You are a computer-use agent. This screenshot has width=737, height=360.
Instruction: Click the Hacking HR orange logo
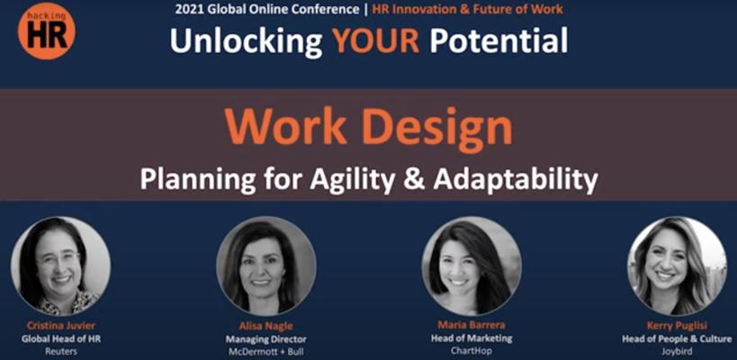(x=46, y=31)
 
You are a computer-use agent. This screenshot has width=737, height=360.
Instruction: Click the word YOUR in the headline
(x=375, y=40)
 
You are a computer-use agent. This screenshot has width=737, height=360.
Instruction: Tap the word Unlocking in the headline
(x=246, y=41)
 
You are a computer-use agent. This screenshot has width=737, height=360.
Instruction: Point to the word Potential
(x=499, y=40)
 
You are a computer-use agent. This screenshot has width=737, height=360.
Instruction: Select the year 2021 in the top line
(x=187, y=9)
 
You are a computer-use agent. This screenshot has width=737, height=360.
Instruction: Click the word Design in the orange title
(x=437, y=128)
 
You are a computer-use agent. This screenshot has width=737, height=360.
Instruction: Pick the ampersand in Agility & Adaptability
(x=414, y=180)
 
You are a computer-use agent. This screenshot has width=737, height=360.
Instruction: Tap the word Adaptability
(x=516, y=181)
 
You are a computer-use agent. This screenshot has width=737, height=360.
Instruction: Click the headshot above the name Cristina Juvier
(x=60, y=265)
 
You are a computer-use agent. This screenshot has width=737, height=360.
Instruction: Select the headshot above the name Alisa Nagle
(x=266, y=265)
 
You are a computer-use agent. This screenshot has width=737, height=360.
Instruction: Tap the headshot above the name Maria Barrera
(x=472, y=265)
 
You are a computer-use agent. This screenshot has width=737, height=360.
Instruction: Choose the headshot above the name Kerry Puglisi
(x=677, y=265)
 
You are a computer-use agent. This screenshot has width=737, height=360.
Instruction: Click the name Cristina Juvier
(x=60, y=326)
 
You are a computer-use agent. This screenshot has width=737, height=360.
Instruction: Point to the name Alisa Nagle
(x=266, y=326)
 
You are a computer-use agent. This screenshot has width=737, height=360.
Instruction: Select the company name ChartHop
(x=472, y=350)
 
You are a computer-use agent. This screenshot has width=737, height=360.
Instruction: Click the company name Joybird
(x=677, y=351)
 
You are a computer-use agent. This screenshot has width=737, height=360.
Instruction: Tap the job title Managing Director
(x=266, y=339)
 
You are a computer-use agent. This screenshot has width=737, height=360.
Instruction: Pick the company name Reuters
(x=60, y=351)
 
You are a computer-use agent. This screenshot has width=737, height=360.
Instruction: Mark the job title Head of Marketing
(x=472, y=337)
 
